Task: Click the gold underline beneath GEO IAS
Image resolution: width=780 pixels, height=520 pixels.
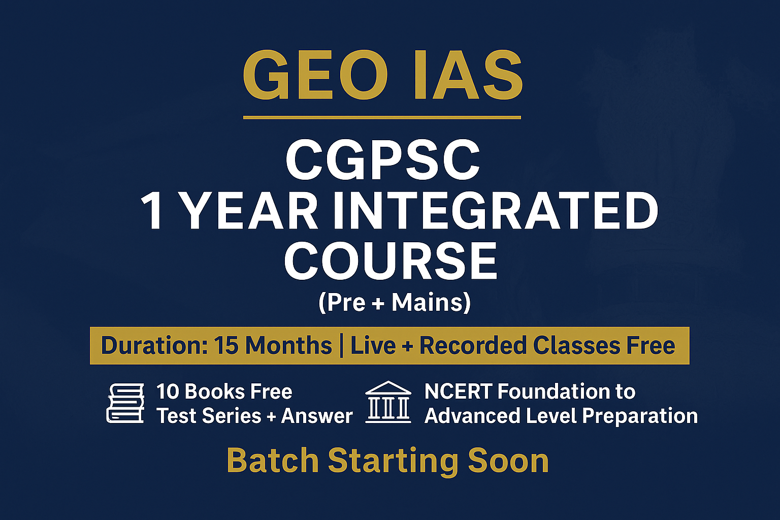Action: click(382, 117)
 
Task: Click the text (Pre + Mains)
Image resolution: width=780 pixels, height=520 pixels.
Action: click(395, 303)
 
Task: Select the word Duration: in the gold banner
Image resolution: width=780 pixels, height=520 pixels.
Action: click(154, 346)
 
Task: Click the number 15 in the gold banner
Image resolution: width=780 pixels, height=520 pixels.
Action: click(226, 346)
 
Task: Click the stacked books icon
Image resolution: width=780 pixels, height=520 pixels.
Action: click(125, 403)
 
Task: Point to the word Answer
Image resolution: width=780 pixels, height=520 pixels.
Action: click(317, 416)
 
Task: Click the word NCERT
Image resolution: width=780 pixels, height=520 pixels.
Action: click(458, 392)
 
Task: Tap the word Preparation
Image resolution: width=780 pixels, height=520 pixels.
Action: click(640, 416)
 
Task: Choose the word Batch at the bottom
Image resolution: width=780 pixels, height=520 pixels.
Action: click(272, 461)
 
